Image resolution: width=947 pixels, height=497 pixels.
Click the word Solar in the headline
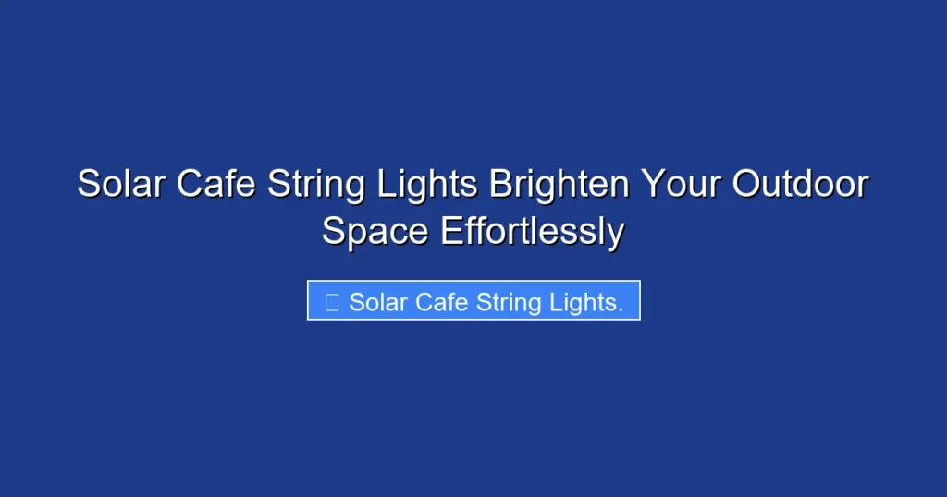coord(119,184)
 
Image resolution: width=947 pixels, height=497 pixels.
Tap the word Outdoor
coord(801,184)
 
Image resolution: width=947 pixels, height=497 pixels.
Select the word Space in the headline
coord(375,232)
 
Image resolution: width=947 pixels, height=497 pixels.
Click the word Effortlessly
coord(532,232)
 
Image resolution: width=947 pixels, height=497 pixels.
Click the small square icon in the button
coord(332,301)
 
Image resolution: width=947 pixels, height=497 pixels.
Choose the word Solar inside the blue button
coord(378,301)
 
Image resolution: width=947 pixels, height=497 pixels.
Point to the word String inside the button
coord(509,302)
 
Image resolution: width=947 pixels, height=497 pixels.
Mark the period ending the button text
coord(621,309)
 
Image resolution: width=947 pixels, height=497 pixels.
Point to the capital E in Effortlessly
coord(449,231)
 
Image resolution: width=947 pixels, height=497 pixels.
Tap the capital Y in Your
coord(652,184)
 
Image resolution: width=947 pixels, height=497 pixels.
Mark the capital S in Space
coord(333,231)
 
